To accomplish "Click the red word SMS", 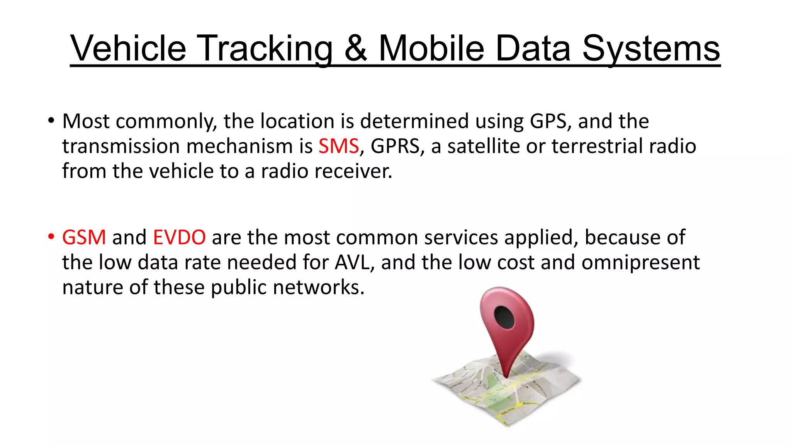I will (339, 146).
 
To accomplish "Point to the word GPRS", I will (395, 146).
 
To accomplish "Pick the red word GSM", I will (84, 237).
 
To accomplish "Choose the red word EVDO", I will (179, 237).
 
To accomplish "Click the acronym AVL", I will (355, 262).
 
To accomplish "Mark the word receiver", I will (353, 171).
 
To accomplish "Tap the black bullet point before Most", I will (51, 121).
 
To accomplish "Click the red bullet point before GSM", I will (51, 237).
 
